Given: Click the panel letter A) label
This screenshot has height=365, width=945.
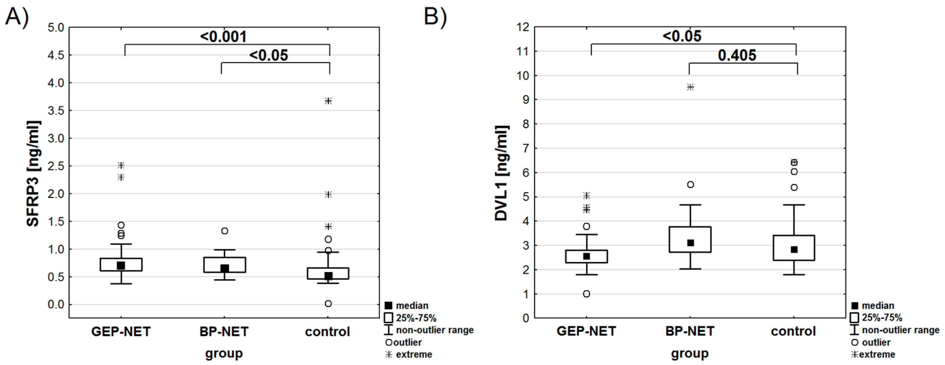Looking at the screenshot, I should click(17, 17).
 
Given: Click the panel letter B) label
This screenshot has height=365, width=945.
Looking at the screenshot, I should click(435, 17).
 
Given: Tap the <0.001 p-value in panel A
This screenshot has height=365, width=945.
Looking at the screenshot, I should click(223, 37).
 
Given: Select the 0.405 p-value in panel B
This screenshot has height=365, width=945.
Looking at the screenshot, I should click(737, 55).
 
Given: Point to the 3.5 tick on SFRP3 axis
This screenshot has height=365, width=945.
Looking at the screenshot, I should click(56, 111).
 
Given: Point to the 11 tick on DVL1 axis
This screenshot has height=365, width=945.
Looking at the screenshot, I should click(523, 51).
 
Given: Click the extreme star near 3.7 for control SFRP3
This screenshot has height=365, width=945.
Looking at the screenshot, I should click(328, 101).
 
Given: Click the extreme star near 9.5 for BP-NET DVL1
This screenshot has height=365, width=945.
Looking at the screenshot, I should click(690, 87).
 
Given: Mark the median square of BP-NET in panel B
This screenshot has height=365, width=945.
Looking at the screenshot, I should click(690, 243).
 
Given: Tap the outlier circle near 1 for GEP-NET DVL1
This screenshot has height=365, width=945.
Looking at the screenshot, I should click(587, 294).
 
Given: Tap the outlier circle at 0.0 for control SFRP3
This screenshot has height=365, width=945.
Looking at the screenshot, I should click(328, 304).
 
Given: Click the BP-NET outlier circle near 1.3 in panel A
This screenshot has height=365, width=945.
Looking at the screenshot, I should click(225, 231).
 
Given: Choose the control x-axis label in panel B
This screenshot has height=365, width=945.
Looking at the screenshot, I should click(793, 332).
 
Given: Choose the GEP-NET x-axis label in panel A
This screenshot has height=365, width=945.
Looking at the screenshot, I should click(121, 332).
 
